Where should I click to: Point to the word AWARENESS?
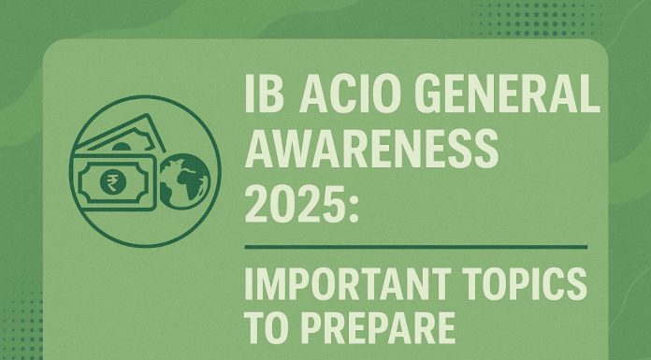[368, 150]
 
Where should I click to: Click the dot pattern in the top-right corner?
[608, 23]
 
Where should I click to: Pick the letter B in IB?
[270, 101]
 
